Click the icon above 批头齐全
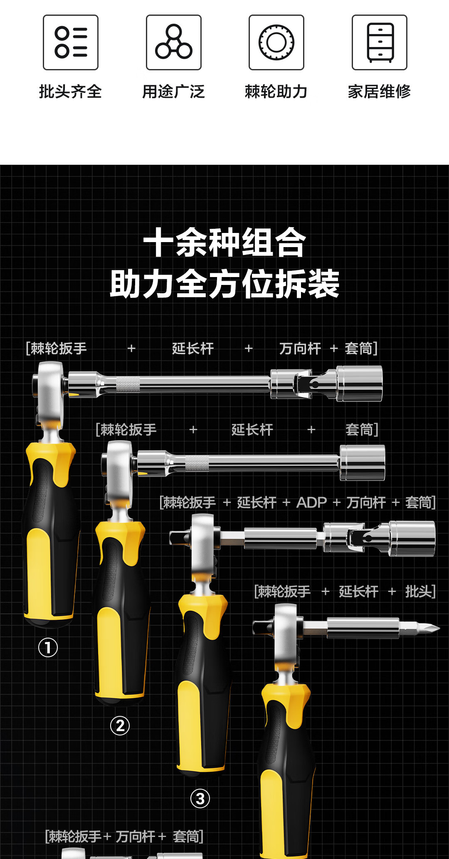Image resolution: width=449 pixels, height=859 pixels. point(71,42)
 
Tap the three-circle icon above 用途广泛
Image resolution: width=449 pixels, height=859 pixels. point(174,42)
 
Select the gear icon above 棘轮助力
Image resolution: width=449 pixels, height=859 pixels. point(276,42)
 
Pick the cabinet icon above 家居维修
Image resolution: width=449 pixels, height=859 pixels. point(380,42)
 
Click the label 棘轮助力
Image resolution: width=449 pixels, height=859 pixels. point(276,92)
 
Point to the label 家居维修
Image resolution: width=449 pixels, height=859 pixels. point(379,92)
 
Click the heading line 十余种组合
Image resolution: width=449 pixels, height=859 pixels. point(224,243)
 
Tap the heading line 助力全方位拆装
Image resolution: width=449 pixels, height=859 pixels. point(224,284)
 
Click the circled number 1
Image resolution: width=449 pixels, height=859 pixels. point(48,648)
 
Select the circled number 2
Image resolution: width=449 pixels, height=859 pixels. point(120,725)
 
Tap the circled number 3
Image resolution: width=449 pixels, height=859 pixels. point(200,798)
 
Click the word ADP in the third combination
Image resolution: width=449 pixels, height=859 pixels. point(311,503)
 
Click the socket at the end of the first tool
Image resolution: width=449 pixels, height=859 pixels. point(359,384)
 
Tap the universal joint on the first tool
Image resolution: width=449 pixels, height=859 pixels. point(303,384)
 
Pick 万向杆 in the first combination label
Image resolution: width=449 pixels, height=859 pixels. point(300,349)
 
